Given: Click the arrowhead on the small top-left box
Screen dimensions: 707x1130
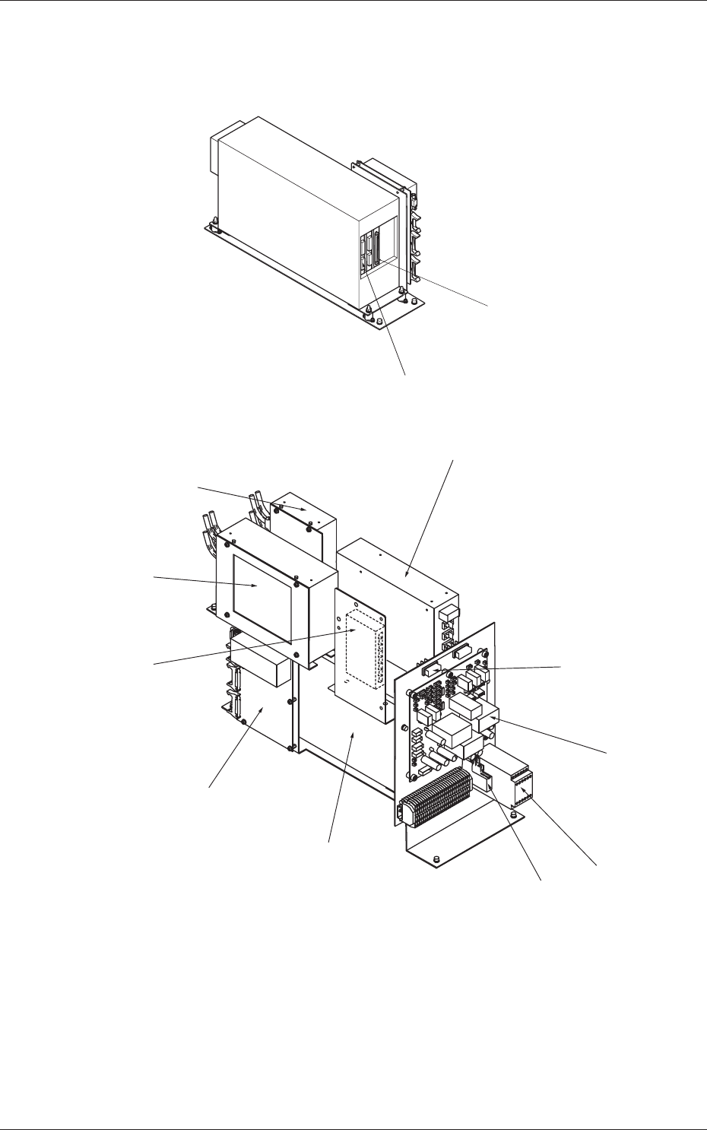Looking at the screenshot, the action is [x=306, y=509].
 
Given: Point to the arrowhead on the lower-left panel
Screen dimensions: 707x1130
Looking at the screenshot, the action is [x=263, y=707].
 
